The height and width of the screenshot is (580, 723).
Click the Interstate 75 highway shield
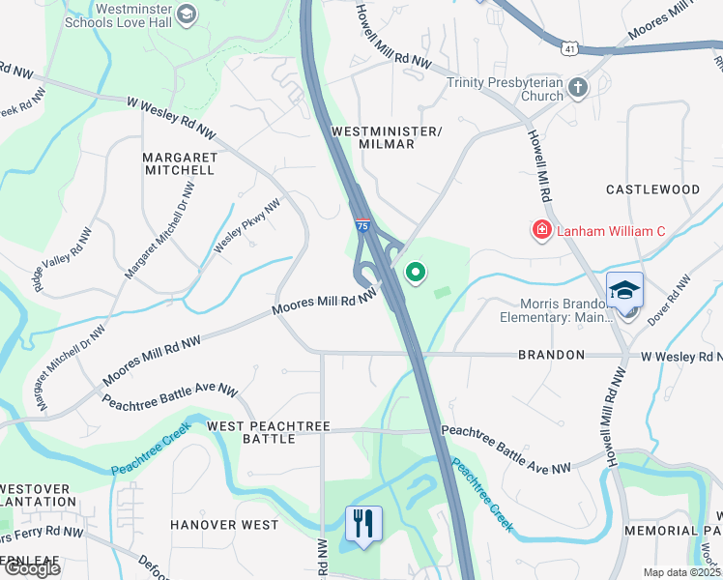click(361, 225)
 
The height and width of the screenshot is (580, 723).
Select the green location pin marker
click(417, 274)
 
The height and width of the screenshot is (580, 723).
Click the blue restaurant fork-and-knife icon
click(363, 524)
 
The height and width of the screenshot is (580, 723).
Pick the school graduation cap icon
click(624, 290)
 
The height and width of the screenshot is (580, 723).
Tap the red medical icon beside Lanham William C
click(541, 231)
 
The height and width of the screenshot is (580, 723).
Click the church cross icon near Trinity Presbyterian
click(578, 89)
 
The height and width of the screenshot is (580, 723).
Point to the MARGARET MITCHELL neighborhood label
click(178, 162)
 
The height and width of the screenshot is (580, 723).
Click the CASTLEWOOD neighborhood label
click(652, 189)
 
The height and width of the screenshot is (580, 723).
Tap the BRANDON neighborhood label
click(551, 355)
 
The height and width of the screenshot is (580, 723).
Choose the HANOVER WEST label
click(224, 525)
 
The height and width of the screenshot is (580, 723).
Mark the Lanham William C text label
click(611, 231)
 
